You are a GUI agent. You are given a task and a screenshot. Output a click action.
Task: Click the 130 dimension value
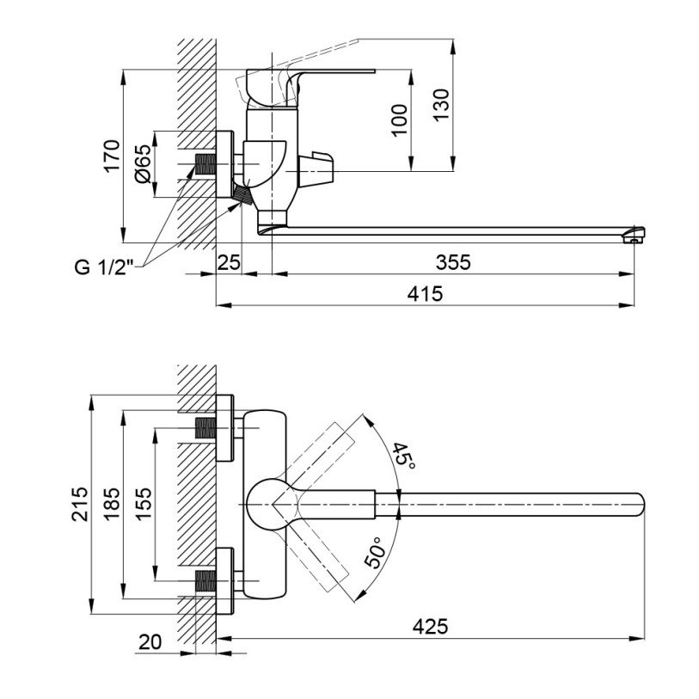click(x=440, y=105)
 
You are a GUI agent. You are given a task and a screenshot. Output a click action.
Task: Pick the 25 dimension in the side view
click(x=229, y=264)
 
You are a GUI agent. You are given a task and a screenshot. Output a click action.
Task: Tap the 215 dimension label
click(x=80, y=504)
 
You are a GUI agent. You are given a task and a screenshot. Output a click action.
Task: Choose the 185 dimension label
click(x=110, y=504)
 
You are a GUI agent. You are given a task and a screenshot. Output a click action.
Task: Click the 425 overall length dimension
click(x=430, y=627)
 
